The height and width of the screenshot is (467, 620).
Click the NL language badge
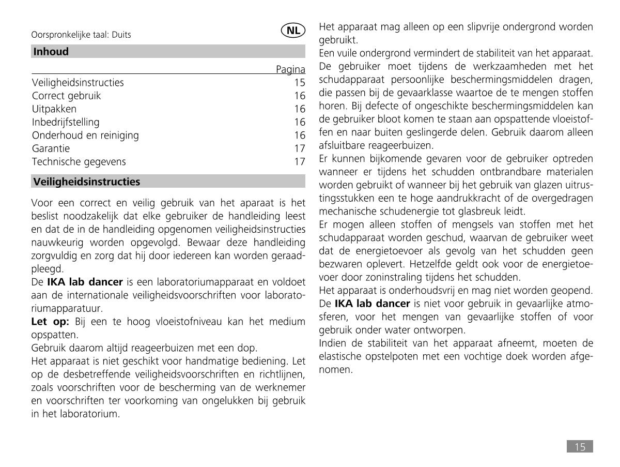click(293, 30)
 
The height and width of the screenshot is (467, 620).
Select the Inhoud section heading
click(51, 52)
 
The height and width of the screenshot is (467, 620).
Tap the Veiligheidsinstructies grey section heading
click(86, 182)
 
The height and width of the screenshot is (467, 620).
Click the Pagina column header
click(290, 69)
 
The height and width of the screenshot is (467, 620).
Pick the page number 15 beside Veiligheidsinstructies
click(300, 83)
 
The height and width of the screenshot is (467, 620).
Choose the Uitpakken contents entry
click(54, 109)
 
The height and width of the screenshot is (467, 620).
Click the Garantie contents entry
click(51, 148)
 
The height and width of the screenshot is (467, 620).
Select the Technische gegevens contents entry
click(79, 162)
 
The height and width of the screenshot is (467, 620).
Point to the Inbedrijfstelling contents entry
click(66, 123)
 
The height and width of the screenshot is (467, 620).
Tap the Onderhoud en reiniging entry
click(85, 135)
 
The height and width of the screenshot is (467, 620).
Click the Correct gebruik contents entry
click(66, 96)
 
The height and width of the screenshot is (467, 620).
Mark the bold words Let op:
click(50, 322)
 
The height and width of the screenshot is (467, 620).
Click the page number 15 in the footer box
click(580, 447)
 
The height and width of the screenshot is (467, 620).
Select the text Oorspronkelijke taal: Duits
click(81, 35)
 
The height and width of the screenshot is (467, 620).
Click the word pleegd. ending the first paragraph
click(47, 269)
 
